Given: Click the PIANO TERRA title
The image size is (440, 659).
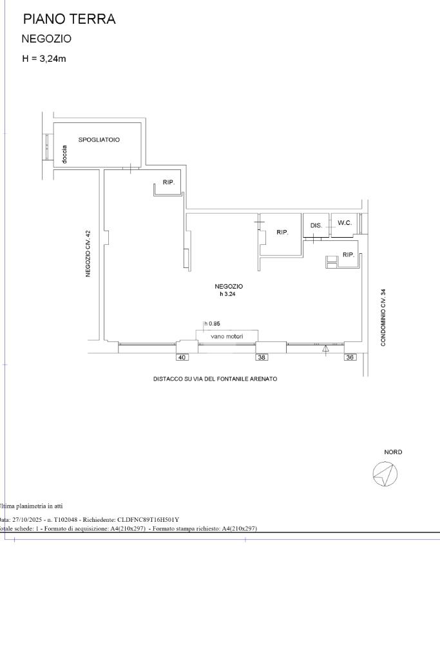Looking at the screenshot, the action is [70, 19].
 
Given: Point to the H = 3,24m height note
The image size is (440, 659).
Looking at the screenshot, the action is [44, 59].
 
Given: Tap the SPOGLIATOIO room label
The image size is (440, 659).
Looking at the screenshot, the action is [99, 140].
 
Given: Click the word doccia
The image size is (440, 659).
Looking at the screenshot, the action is [64, 154].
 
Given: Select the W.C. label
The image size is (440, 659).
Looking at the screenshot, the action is [345, 223].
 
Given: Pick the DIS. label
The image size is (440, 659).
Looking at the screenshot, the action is [316, 225].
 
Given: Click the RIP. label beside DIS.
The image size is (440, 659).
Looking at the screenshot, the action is [282, 232].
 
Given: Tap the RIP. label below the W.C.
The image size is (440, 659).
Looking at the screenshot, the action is [349, 254].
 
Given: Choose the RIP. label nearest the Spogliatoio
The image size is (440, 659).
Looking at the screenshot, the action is [169, 182].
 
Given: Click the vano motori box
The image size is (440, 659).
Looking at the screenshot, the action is [227, 336].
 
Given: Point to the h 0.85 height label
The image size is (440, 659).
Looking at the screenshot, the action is [212, 323].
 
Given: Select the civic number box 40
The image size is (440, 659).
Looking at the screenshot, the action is [182, 358].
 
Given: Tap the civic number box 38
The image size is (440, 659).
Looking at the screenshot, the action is [262, 358].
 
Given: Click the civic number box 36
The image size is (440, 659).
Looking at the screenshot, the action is [350, 358].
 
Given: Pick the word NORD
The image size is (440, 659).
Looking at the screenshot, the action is [393, 452].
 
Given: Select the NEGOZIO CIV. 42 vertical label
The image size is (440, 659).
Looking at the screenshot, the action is [88, 253].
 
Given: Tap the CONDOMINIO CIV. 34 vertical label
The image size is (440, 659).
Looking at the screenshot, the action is [383, 318].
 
